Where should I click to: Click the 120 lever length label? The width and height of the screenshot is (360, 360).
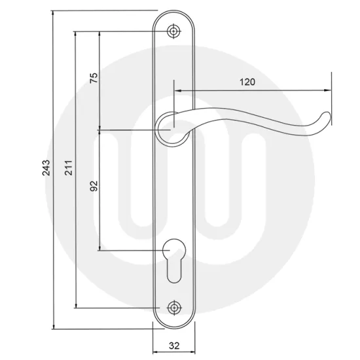click(247, 82)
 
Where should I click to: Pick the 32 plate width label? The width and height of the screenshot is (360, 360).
click(174, 342)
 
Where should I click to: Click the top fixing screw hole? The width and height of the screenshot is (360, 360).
click(174, 31)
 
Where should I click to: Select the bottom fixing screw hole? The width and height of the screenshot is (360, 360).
click(174, 308)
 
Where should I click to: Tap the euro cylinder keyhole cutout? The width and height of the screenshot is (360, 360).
click(174, 259)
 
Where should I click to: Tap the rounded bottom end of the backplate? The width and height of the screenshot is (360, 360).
click(174, 323)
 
